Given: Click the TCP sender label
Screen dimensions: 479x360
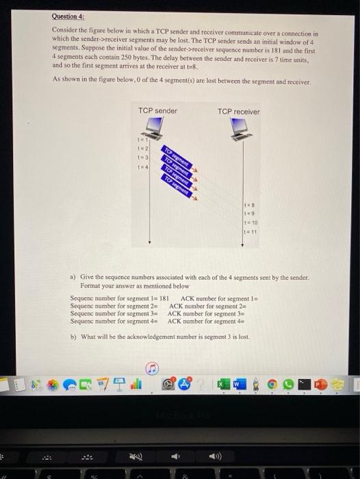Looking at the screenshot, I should [x=157, y=111].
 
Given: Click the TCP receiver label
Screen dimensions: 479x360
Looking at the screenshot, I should [x=239, y=112].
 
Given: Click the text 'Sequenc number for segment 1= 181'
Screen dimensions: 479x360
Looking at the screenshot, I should [x=119, y=299].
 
